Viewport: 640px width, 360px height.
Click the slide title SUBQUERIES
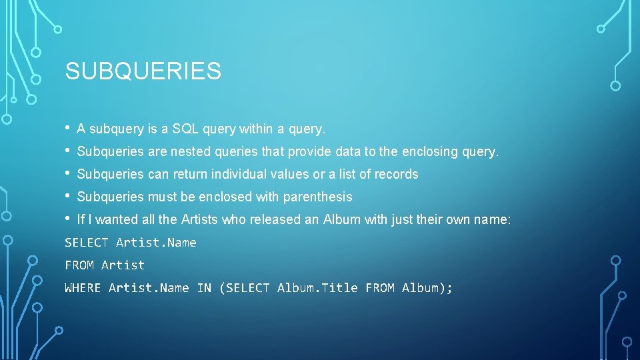143,71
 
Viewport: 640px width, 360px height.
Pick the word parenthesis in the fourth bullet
317,197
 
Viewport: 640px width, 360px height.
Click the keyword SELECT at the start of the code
87,243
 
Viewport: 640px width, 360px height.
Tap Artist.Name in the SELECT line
156,243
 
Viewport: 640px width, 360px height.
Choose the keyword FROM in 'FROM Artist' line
79,265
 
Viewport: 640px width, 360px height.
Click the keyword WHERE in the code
83,288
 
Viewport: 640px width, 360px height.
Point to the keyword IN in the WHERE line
203,288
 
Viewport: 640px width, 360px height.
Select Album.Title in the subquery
317,288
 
